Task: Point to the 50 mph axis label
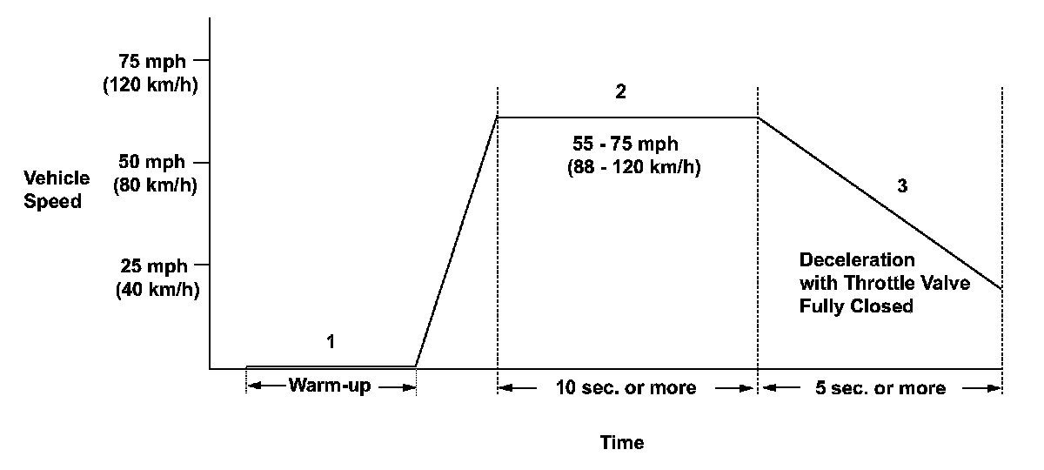(x=153, y=163)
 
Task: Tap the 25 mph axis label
(x=153, y=265)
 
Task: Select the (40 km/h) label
(x=157, y=290)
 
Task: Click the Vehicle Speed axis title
(x=57, y=190)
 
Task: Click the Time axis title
(x=622, y=443)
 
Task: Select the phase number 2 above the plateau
(x=620, y=92)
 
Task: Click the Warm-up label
(x=331, y=386)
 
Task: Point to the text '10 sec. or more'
(x=625, y=388)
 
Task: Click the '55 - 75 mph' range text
(x=626, y=143)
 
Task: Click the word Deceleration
(x=857, y=260)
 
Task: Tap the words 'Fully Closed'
(x=856, y=306)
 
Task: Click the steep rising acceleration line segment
(x=457, y=242)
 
